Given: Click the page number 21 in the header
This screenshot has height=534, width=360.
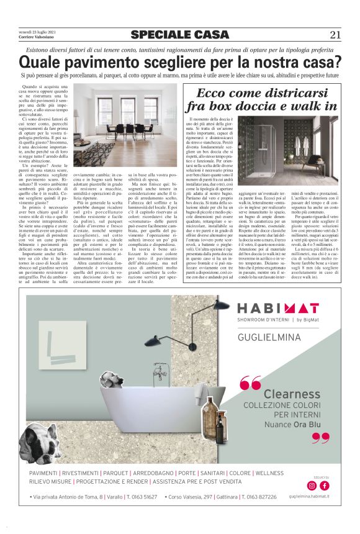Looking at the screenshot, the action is [335, 35].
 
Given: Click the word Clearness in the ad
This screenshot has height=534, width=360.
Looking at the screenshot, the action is [291, 394].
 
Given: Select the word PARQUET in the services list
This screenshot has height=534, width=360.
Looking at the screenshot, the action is [115, 474].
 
